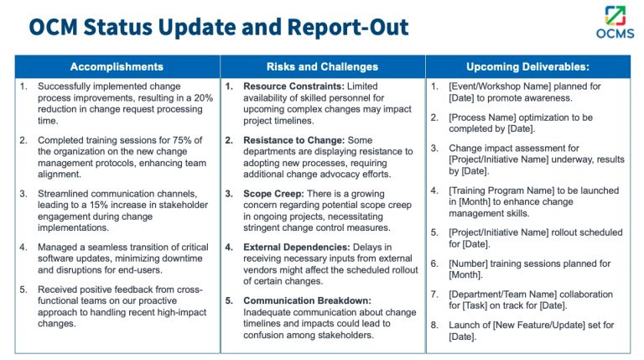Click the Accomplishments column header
point(117,67)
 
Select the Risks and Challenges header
point(322,67)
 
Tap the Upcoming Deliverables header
point(527,67)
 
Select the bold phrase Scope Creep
point(272,193)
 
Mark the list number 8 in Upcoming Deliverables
point(434,325)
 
